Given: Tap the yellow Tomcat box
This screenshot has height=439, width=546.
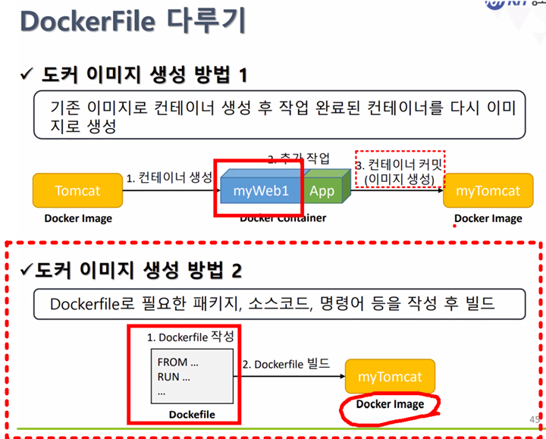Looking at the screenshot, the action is pyautogui.click(x=77, y=190).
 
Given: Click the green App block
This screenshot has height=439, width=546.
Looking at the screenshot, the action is pyautogui.click(x=322, y=190).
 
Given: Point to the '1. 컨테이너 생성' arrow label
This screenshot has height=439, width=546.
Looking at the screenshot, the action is pyautogui.click(x=169, y=179).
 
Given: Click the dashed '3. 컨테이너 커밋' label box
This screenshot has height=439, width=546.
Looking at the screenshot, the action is pyautogui.click(x=399, y=171).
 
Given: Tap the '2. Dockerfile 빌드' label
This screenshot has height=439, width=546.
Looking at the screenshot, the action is pyautogui.click(x=286, y=364).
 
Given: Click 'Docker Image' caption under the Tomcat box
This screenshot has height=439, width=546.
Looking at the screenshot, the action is pyautogui.click(x=77, y=218).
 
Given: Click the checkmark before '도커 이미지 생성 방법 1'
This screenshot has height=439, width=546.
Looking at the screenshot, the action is pyautogui.click(x=27, y=75).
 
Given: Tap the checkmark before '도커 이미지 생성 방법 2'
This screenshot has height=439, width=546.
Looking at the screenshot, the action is pyautogui.click(x=26, y=270).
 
